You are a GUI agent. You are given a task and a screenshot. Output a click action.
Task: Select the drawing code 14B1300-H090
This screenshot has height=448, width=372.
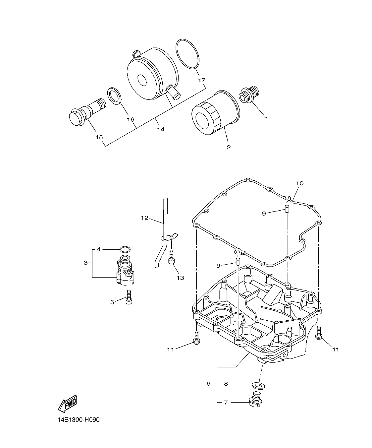click(78, 420)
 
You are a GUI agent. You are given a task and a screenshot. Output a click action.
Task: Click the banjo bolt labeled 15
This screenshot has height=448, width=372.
click(86, 111)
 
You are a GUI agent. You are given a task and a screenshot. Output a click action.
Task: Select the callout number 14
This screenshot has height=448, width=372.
click(160, 129)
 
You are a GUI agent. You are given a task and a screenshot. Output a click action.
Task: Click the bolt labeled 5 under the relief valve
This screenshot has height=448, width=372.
click(129, 296)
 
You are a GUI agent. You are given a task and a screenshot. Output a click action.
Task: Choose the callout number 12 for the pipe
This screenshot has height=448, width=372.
click(144, 218)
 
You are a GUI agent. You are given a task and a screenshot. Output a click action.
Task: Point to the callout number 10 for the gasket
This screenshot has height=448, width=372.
click(299, 183)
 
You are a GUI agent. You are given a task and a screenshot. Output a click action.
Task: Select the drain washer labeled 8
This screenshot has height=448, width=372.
click(258, 385)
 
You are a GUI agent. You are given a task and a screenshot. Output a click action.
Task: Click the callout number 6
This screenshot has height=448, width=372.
click(208, 384)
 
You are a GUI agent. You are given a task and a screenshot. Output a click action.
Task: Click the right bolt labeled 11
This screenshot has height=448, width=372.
click(319, 333)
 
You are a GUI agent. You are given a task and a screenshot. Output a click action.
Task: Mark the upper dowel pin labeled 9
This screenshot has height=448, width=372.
click(287, 209)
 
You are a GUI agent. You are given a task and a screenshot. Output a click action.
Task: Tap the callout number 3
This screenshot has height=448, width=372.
click(85, 263)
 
